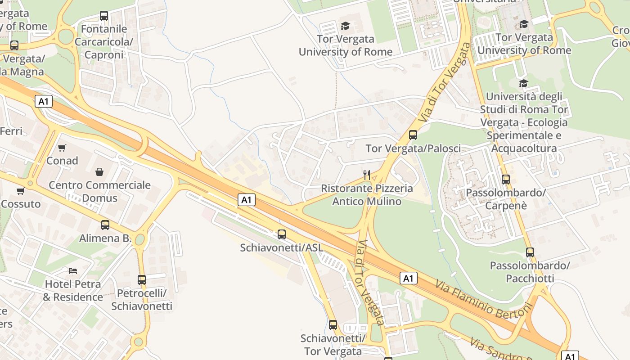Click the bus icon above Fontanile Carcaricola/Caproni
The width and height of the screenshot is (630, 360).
(104, 16)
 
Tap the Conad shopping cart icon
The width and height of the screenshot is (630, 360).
(62, 148)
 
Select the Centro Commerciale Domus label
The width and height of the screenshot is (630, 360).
(99, 191)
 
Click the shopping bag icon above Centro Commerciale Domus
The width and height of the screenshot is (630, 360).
(99, 172)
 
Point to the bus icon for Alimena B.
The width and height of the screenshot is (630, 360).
(105, 225)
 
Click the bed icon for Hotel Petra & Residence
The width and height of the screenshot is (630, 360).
(73, 270)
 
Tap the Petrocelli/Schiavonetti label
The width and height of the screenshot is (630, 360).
(142, 300)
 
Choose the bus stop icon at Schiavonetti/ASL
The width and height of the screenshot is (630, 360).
(282, 234)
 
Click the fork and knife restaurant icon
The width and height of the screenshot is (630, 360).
(367, 175)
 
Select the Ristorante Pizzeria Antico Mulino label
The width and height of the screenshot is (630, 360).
(367, 195)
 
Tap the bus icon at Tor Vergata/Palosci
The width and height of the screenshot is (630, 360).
(413, 135)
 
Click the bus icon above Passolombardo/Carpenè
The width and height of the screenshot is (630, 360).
(506, 179)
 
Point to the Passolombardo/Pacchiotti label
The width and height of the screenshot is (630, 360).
(530, 272)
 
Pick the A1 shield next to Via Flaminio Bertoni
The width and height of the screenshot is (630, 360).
(408, 278)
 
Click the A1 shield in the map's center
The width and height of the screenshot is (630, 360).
(246, 200)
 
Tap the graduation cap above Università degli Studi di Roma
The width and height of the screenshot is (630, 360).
(523, 83)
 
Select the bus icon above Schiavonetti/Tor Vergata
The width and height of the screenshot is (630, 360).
(333, 324)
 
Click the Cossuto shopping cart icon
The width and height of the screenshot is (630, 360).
(20, 191)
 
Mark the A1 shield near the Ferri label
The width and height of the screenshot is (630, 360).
(43, 101)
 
